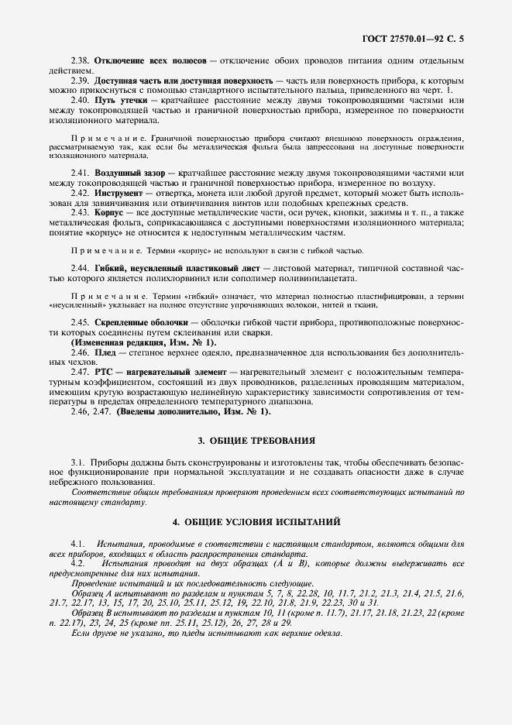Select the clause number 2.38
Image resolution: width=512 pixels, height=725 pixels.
pos(81,60)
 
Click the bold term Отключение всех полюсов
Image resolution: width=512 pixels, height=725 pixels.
pos(149,60)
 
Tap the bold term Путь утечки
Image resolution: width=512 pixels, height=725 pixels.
pos(119,100)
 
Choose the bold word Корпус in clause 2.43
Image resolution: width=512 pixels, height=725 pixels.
pos(108,211)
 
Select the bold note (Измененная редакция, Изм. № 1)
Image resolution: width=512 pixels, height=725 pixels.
pos(144,342)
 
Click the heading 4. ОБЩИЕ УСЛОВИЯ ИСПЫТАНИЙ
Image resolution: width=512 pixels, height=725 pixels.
pos(256,521)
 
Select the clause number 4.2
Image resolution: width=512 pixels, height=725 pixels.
pos(77,563)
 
